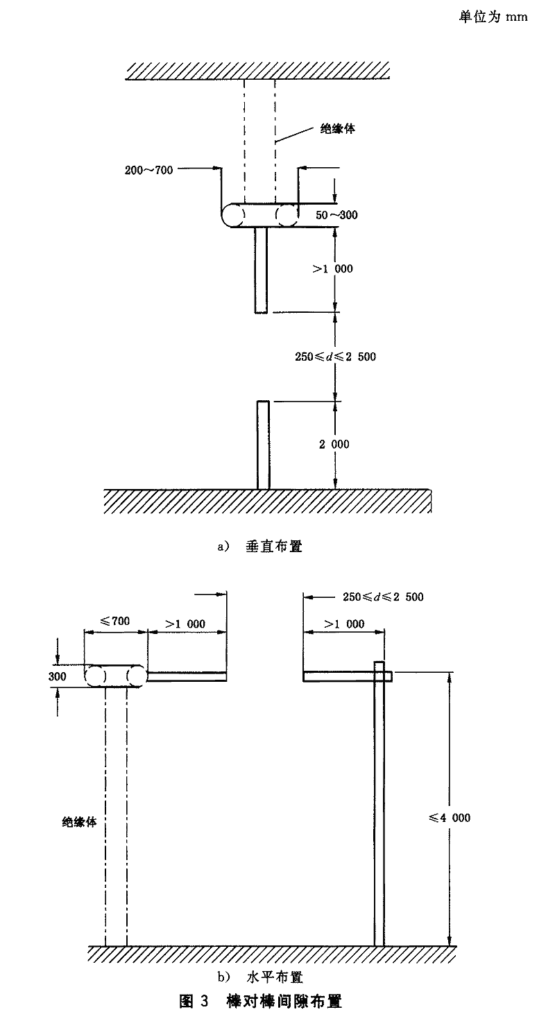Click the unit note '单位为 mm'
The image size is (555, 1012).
coord(493,17)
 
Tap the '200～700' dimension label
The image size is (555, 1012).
coord(148,171)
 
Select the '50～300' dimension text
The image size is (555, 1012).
coord(336,215)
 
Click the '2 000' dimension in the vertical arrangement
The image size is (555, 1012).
coord(334,445)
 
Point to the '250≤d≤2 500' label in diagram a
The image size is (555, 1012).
coord(335,357)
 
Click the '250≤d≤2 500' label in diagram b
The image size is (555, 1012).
coord(383,597)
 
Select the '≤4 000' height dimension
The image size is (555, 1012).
coord(450,818)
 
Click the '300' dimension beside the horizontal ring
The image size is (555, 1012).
coord(57,676)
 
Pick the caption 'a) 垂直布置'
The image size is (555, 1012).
coord(260,547)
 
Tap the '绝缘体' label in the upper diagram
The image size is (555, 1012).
coord(338,129)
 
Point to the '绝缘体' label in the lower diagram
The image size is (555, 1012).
coord(79,822)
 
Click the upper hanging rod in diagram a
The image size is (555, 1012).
coord(261,270)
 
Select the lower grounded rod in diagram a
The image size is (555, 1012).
coord(263,445)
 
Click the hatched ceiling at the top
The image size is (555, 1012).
coord(257,71)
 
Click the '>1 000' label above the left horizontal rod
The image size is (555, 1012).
coord(185,624)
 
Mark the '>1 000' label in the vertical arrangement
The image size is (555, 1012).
coord(332,269)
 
